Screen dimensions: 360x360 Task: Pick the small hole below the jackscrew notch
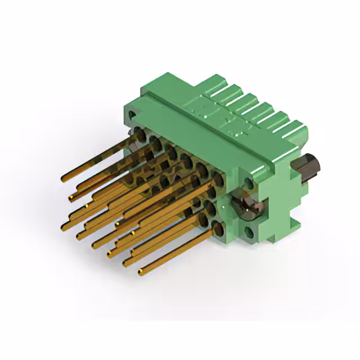pos(249,231)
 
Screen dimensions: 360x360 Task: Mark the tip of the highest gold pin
pos(63,179)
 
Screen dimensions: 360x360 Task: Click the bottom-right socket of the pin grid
pos(217,227)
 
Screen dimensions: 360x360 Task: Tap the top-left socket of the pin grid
pos(137,133)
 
